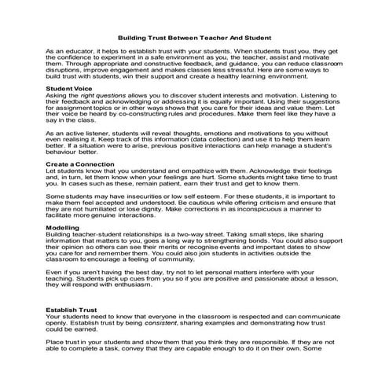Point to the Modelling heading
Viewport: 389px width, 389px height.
pyautogui.click(x=63, y=226)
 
